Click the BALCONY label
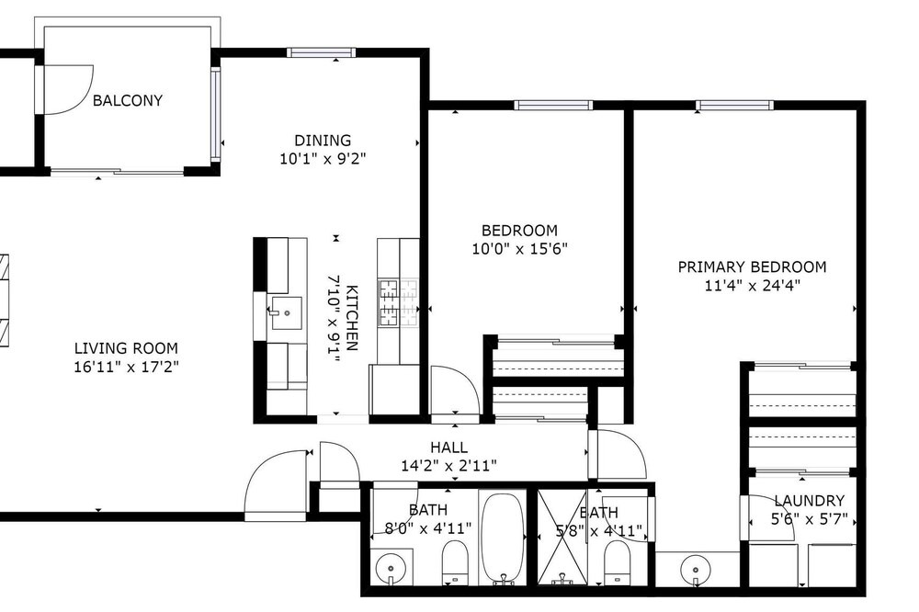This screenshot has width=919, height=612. tap(127, 101)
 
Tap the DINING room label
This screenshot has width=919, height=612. tap(323, 141)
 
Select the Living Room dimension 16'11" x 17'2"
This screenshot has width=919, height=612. tap(126, 367)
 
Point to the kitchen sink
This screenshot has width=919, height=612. tap(286, 313)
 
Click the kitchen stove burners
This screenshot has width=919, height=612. tap(398, 302)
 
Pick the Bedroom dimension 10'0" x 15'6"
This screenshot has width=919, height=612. tap(520, 249)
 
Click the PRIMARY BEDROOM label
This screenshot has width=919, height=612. tap(752, 267)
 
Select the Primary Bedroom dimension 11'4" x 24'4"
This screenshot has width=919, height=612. tap(752, 286)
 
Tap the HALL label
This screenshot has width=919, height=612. tap(449, 448)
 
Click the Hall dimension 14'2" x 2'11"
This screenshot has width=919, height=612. tap(449, 466)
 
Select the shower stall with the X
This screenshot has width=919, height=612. tap(562, 537)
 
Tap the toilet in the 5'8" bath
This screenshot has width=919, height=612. tap(616, 561)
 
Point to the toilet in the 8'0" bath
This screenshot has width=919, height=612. tap(455, 561)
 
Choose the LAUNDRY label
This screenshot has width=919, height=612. tap(810, 501)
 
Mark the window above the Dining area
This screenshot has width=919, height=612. tap(321, 52)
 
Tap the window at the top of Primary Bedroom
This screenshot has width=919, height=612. tap(734, 106)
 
